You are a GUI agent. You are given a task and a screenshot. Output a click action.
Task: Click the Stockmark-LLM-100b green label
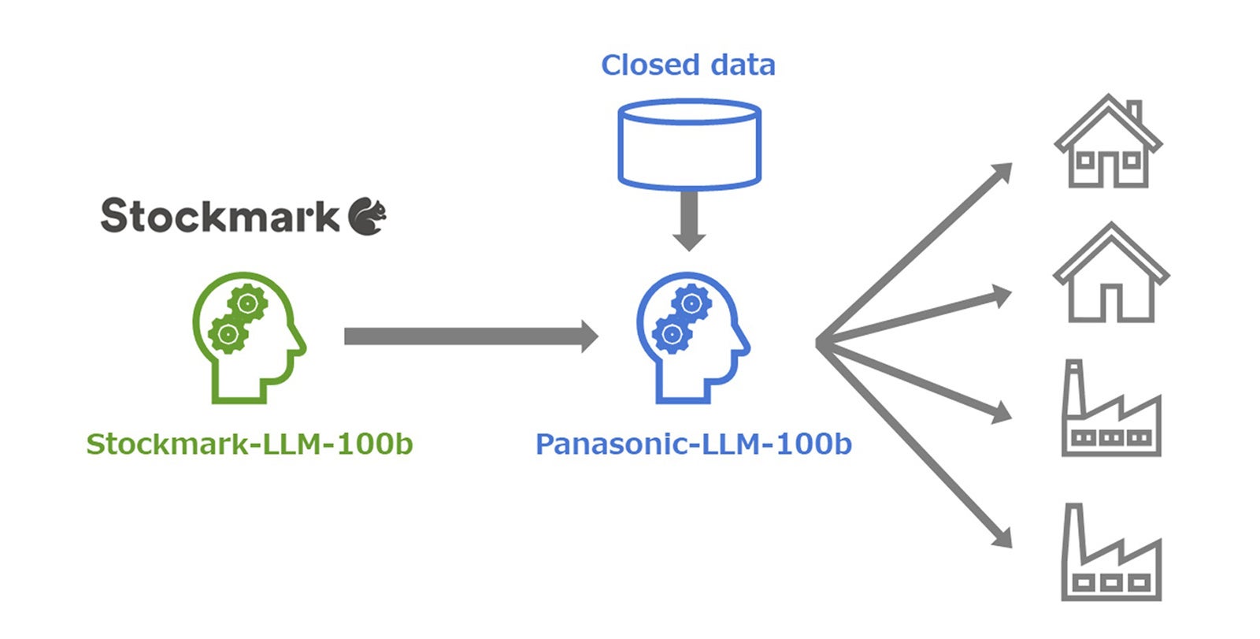point(249,444)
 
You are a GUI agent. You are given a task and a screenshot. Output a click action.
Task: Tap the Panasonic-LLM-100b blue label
point(693,444)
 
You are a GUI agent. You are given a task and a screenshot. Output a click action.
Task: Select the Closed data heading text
point(687,65)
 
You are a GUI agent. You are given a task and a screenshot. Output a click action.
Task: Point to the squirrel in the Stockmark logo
point(368,216)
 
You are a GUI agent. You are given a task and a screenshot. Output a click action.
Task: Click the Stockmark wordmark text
point(219,216)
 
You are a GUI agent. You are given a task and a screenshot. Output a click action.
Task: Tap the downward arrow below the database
point(689,221)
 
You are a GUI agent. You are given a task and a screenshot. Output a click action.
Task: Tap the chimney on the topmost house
point(1134,113)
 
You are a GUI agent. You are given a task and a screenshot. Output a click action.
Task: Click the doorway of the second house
point(1110,303)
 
